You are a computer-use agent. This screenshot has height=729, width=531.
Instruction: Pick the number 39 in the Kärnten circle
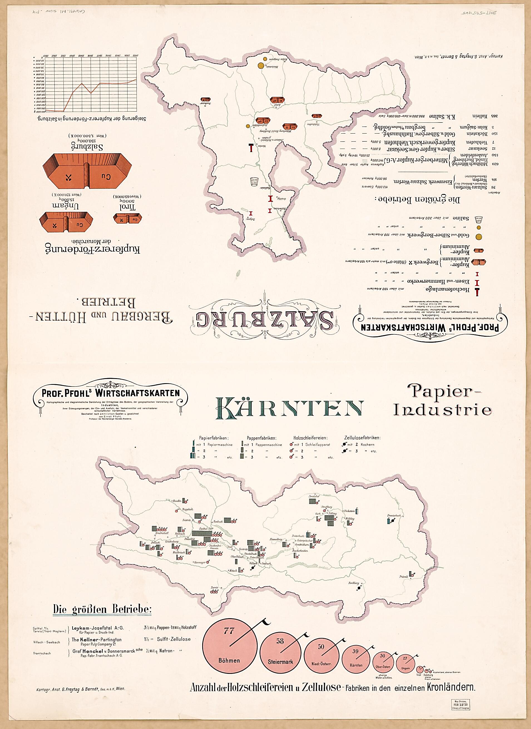click(355, 651)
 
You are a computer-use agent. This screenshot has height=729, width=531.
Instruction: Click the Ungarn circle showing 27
click(405, 663)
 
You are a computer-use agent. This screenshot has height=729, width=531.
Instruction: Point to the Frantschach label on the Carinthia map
click(394, 516)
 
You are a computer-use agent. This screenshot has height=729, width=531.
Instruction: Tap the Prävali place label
click(403, 577)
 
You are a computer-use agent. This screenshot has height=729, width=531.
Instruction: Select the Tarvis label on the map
click(214, 588)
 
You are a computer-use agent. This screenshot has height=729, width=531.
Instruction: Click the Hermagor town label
click(200, 563)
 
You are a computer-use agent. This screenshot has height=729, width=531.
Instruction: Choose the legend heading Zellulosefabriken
click(362, 437)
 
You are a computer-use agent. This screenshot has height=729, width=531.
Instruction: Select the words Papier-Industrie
click(443, 400)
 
